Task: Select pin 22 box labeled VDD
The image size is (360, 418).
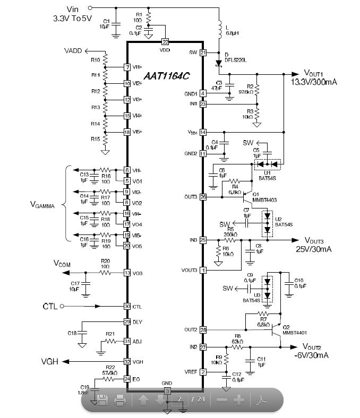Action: pos(165,41)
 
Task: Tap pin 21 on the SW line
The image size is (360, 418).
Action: pos(203,53)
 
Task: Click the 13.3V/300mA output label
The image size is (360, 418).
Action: pos(314,82)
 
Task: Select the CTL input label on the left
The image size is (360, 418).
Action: pos(49,307)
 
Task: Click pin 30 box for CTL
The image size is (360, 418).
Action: pos(127,306)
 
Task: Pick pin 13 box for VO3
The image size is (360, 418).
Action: pos(127,273)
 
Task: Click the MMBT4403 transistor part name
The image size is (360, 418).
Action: pos(265,199)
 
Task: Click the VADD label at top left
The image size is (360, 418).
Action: pos(73,51)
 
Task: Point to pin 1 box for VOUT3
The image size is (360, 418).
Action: pos(203,270)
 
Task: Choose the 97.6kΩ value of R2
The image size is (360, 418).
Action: pos(247,92)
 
